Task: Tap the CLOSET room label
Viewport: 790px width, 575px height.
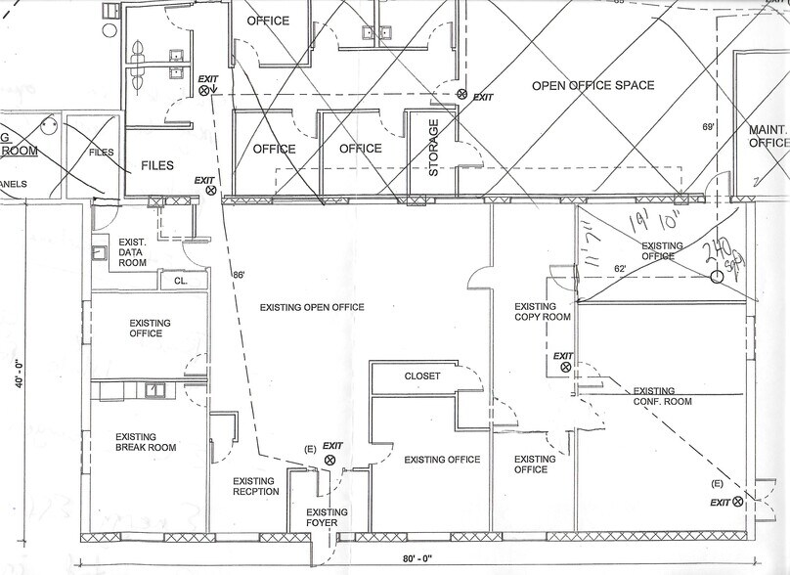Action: (x=422, y=376)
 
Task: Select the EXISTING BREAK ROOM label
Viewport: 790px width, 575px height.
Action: (x=145, y=443)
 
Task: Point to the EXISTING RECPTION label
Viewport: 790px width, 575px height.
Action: (x=256, y=486)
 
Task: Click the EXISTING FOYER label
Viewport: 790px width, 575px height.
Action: (x=327, y=518)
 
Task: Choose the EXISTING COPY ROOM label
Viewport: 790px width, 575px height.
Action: (x=542, y=312)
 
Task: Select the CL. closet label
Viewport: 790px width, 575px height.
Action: (x=181, y=282)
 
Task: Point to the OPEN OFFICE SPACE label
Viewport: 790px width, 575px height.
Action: (x=592, y=86)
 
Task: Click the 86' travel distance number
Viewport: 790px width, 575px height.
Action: (x=239, y=276)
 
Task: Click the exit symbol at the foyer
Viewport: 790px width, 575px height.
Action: (x=330, y=459)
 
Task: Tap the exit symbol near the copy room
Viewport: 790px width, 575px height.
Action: (x=565, y=367)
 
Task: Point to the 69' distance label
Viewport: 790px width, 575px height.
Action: (x=709, y=127)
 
